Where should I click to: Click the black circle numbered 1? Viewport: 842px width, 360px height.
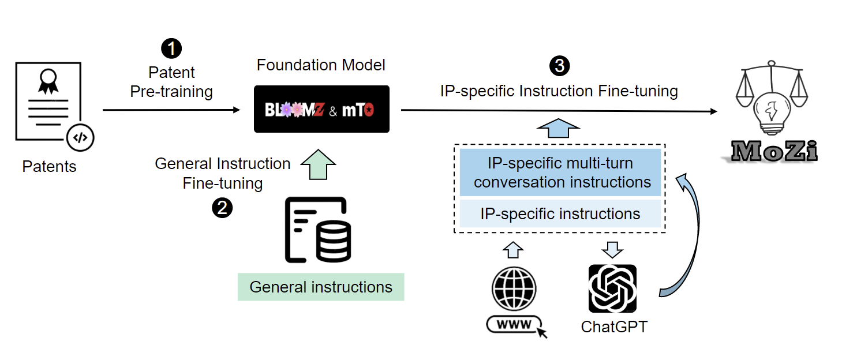(171, 48)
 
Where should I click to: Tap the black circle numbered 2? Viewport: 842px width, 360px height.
(222, 208)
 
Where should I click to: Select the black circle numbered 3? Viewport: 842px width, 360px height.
(559, 66)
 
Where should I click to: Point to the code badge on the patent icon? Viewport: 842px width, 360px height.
(80, 137)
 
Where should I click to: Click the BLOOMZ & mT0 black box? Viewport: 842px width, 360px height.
(321, 109)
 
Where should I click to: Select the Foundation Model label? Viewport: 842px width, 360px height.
(321, 65)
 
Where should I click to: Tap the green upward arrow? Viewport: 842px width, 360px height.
(318, 164)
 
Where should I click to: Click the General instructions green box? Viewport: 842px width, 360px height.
(321, 287)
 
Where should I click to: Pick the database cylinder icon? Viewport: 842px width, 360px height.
(334, 242)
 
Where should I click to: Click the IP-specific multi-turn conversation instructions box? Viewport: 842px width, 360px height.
(560, 172)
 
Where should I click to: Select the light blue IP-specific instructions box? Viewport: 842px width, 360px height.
(560, 213)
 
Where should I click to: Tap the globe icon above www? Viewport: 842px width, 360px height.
(514, 288)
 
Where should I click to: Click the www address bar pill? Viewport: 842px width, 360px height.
(514, 324)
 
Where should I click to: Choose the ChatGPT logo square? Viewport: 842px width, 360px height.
(612, 288)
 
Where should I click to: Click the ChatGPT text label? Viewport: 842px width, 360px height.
(614, 327)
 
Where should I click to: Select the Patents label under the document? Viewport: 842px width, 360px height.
(49, 166)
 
